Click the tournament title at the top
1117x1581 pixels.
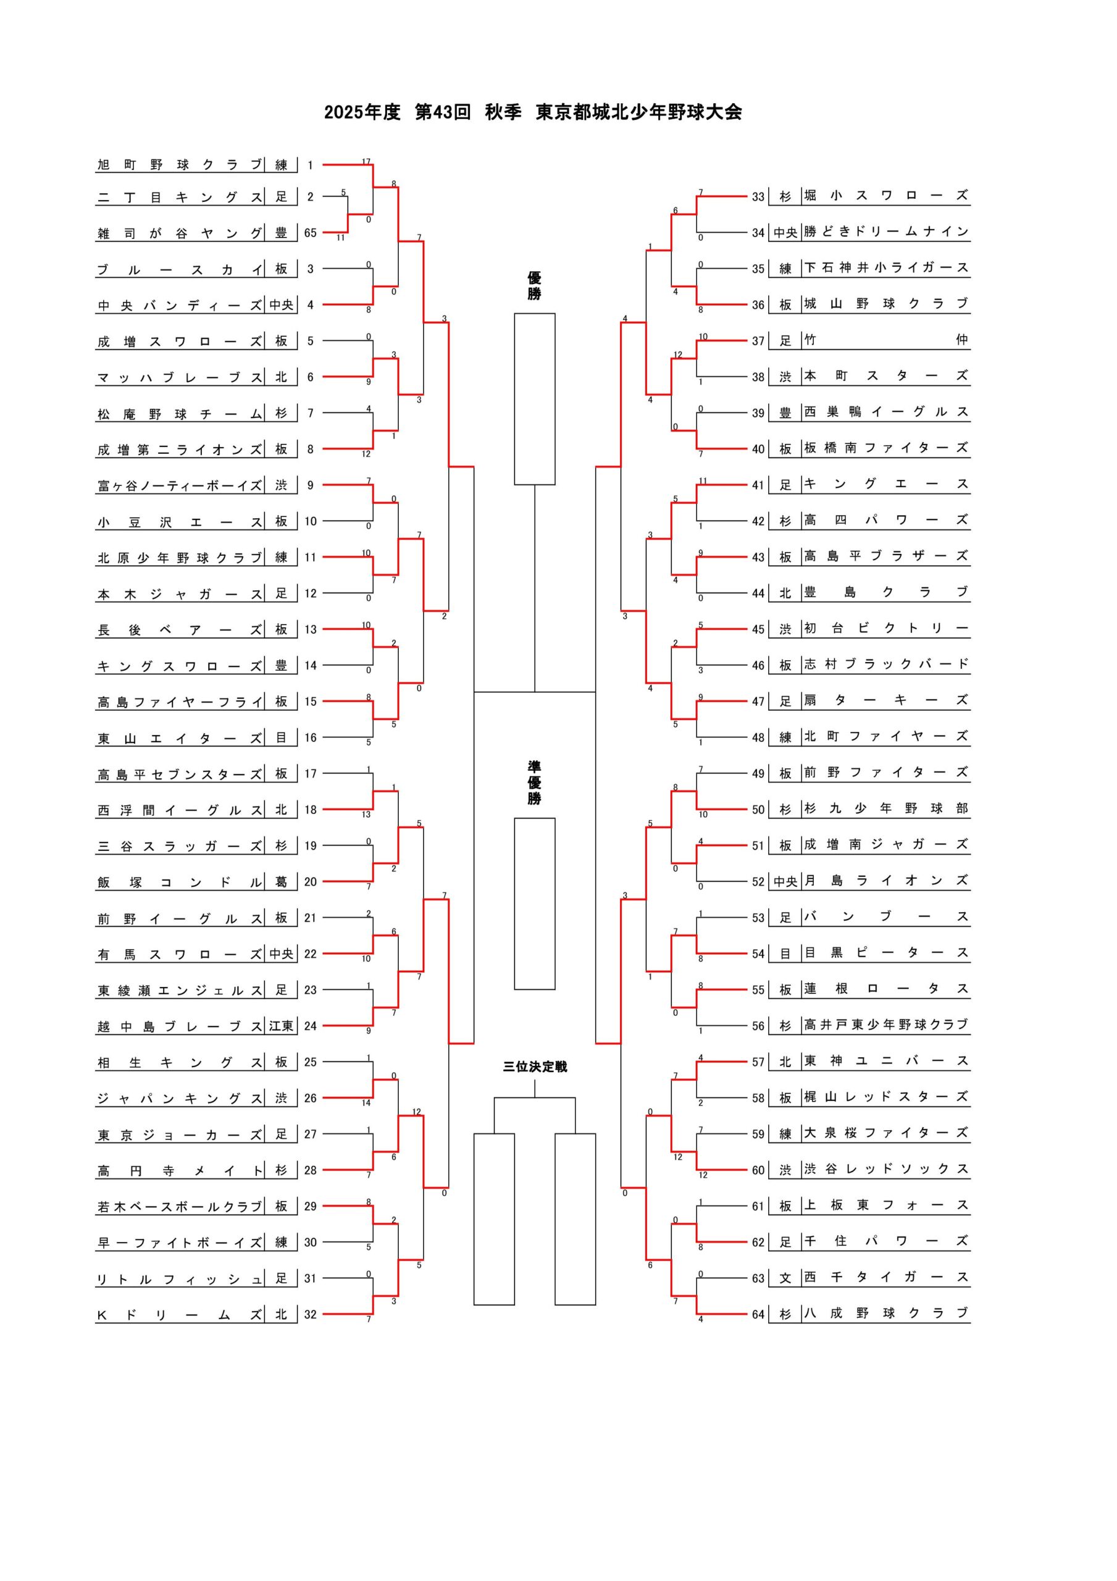tap(533, 112)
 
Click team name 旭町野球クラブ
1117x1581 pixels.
tap(180, 164)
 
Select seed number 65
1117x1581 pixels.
tap(310, 233)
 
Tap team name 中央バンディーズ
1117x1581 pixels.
tap(180, 305)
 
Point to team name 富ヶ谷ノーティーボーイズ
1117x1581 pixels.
tap(180, 485)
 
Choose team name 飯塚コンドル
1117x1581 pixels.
tap(180, 882)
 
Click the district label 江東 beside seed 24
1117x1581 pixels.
tap(281, 1026)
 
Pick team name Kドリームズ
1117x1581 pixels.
tap(180, 1315)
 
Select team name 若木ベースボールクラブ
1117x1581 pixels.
tap(180, 1206)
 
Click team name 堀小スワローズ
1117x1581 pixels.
tap(886, 196)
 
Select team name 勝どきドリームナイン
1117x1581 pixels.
tap(886, 232)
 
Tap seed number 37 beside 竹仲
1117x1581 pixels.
tap(758, 341)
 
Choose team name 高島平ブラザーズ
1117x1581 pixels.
tap(886, 556)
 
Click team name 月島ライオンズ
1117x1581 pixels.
tap(886, 881)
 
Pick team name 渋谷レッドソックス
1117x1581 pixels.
tap(886, 1169)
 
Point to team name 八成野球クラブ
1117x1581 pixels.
tap(886, 1313)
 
